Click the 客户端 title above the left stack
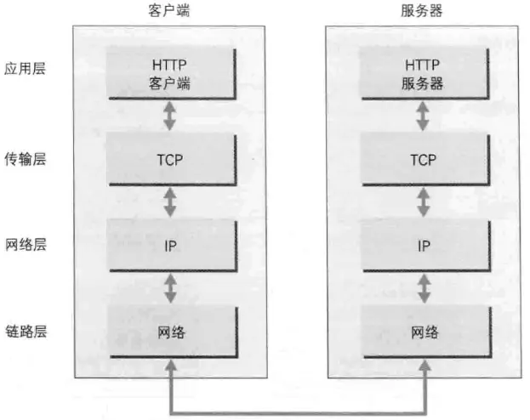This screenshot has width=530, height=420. pos(170,11)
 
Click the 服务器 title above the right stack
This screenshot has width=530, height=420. pos(422,11)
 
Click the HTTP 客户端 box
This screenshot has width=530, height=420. pos(171,73)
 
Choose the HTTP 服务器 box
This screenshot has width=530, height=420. pos(423,73)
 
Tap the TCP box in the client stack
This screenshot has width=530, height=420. pos(171,159)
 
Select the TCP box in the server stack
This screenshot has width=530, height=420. pos(423,159)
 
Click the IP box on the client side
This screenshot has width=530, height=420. pos(171,246)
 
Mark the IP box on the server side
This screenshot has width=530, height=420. pos(423,246)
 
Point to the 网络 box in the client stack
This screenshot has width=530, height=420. pos(171,332)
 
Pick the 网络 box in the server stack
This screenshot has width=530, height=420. pos(423,332)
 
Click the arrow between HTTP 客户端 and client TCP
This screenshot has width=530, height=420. pos(170,116)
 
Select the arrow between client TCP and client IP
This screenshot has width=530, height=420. pos(170,202)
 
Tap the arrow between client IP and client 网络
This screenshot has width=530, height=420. pos(170,288)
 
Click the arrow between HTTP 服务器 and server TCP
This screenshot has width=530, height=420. pos(423,116)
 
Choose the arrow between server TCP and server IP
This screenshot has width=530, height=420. pos(423,202)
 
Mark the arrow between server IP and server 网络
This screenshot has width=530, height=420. pos(423,288)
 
